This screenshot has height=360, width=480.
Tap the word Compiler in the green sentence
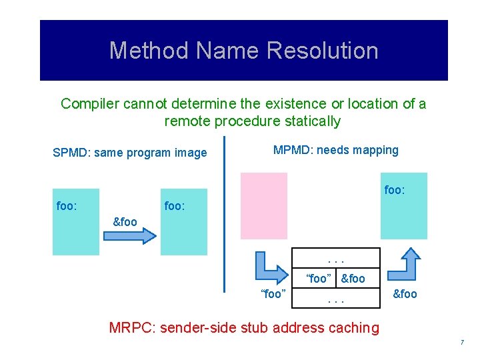click(88, 104)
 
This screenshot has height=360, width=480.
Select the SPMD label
click(70, 153)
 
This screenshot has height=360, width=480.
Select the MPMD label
click(291, 150)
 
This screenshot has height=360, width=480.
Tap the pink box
click(263, 205)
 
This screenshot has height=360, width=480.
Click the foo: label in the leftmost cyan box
click(67, 206)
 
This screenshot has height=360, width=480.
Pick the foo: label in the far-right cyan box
click(395, 190)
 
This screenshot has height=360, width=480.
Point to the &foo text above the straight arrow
click(125, 222)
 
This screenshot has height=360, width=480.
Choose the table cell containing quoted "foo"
click(318, 279)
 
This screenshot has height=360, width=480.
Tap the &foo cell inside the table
click(353, 279)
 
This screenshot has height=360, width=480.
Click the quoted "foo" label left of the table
click(273, 294)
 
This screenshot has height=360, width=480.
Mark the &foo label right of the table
click(405, 294)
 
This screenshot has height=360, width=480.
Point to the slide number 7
click(461, 343)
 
